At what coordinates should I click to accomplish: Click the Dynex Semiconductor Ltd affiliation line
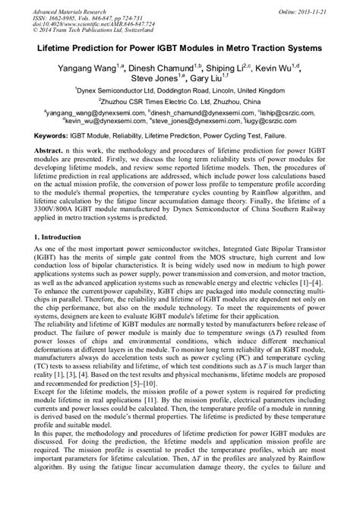click(x=181, y=90)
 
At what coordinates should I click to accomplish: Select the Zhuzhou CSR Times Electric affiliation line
click(x=181, y=101)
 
